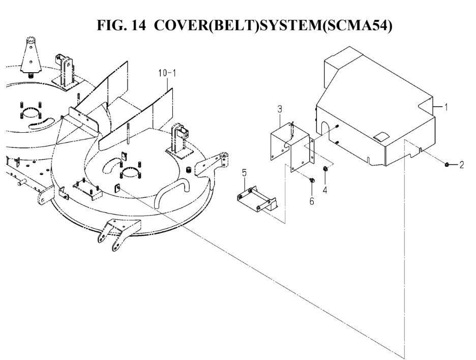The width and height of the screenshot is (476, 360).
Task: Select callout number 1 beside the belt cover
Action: (446, 107)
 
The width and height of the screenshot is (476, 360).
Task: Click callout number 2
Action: (462, 165)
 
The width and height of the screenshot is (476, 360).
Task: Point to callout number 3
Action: (279, 109)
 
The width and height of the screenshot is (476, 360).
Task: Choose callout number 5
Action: (244, 174)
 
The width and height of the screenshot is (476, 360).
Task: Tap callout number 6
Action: (311, 200)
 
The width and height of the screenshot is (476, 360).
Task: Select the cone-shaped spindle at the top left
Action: (30, 56)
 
